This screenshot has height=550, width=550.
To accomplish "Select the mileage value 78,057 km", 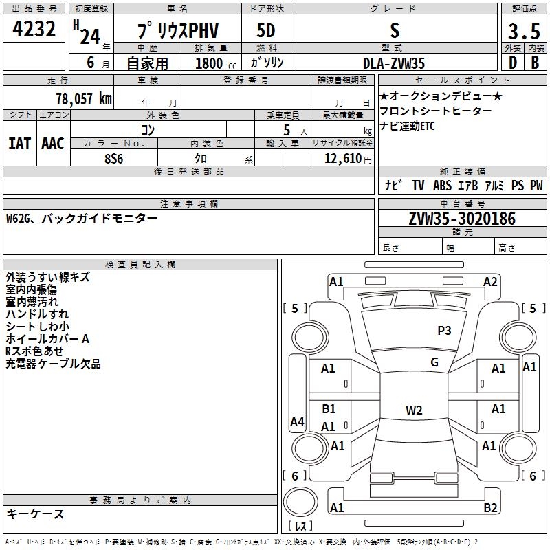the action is click(83, 98).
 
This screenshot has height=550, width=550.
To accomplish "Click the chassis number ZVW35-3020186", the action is click(462, 219).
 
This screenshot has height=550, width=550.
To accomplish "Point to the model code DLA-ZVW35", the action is click(394, 63).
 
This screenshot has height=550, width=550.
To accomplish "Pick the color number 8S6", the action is click(114, 157).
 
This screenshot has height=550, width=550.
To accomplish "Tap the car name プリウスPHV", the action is click(176, 31).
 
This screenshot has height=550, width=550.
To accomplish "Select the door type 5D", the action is click(266, 31).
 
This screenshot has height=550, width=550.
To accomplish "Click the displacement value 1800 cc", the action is click(209, 63).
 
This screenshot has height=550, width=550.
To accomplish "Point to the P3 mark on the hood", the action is click(444, 331).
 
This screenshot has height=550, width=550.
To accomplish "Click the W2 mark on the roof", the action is click(413, 410).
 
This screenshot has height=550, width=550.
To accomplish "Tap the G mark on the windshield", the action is click(434, 362).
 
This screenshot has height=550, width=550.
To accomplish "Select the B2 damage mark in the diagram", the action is click(490, 508).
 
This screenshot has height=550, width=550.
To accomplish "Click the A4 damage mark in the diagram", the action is click(297, 422).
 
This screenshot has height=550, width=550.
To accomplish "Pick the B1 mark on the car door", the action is click(329, 408).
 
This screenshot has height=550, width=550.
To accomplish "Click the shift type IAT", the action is click(19, 144).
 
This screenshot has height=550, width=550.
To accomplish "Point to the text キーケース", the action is click(35, 514).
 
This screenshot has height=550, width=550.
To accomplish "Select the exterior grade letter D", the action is click(511, 63).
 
